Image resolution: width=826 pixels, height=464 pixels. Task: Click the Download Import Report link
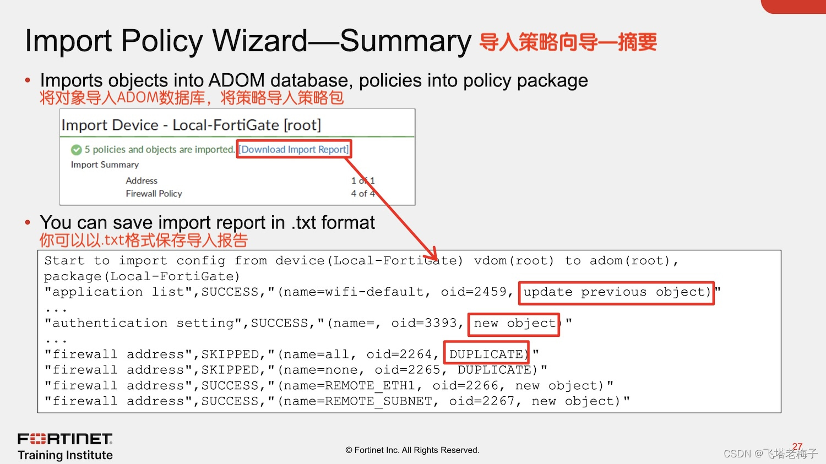point(294,149)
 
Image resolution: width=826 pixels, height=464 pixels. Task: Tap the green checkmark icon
point(77,150)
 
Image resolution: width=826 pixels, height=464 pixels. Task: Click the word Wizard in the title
point(260,41)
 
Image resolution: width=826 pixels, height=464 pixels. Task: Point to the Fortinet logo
point(65,439)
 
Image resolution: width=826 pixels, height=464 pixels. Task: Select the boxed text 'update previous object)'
point(617,292)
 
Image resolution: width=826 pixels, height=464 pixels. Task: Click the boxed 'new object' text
point(514,324)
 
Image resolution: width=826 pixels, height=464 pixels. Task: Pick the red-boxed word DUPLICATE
point(486,354)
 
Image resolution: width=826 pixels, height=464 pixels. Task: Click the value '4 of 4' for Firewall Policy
point(363,194)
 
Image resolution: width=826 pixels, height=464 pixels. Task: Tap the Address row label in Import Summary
point(142,181)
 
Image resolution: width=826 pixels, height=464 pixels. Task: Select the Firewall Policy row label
point(154,194)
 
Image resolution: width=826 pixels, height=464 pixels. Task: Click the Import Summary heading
point(105,165)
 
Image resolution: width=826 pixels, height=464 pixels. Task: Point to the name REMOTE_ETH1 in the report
point(369,386)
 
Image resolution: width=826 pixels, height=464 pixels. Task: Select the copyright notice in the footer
point(412,450)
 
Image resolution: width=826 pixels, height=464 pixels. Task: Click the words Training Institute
point(65,455)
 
